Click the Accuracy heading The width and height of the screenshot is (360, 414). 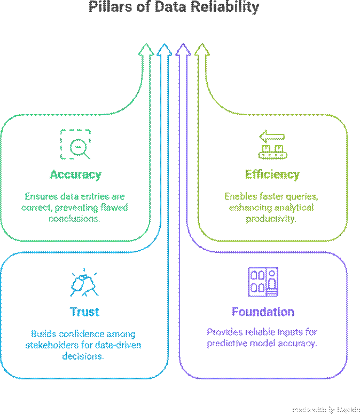[75, 174]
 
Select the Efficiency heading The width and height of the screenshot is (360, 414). [272, 174]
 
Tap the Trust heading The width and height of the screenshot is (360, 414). [84, 312]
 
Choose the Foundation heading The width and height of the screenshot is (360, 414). [263, 312]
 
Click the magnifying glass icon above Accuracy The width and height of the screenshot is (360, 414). [75, 144]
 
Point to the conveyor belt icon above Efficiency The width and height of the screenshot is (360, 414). [272, 145]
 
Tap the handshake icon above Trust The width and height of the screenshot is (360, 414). [84, 283]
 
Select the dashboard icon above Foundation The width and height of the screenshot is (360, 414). [263, 282]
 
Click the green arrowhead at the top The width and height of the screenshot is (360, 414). [145, 50]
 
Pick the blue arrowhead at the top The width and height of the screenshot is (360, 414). [164, 50]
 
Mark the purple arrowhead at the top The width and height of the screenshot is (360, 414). [183, 50]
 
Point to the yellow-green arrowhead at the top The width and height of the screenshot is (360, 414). [201, 50]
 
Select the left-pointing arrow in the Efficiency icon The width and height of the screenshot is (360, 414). [272, 137]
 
